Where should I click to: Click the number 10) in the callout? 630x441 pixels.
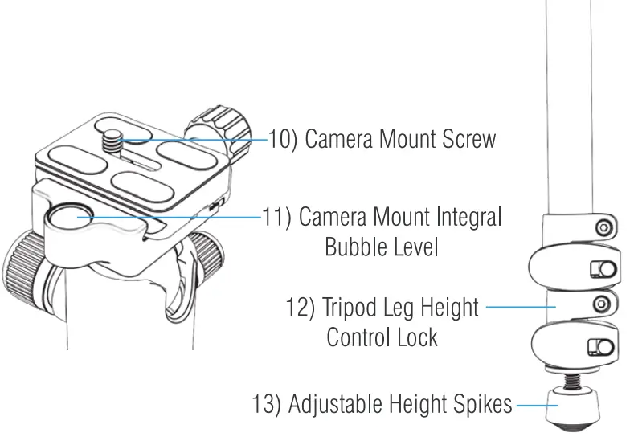point(283,139)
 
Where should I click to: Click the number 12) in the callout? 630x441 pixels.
point(301,308)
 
